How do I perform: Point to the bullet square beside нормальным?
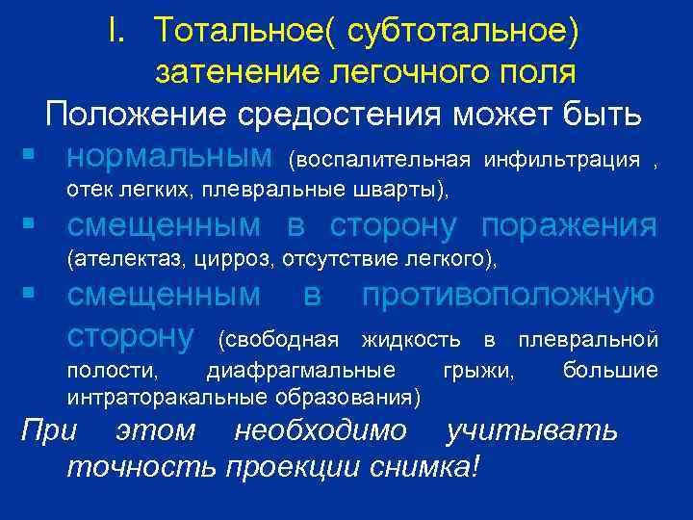tap(32, 155)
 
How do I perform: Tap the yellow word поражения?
tap(570, 225)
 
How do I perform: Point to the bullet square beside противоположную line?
tap(32, 295)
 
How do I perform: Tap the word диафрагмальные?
tap(300, 371)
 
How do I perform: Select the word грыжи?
tap(477, 371)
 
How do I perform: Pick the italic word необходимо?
tap(321, 430)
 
